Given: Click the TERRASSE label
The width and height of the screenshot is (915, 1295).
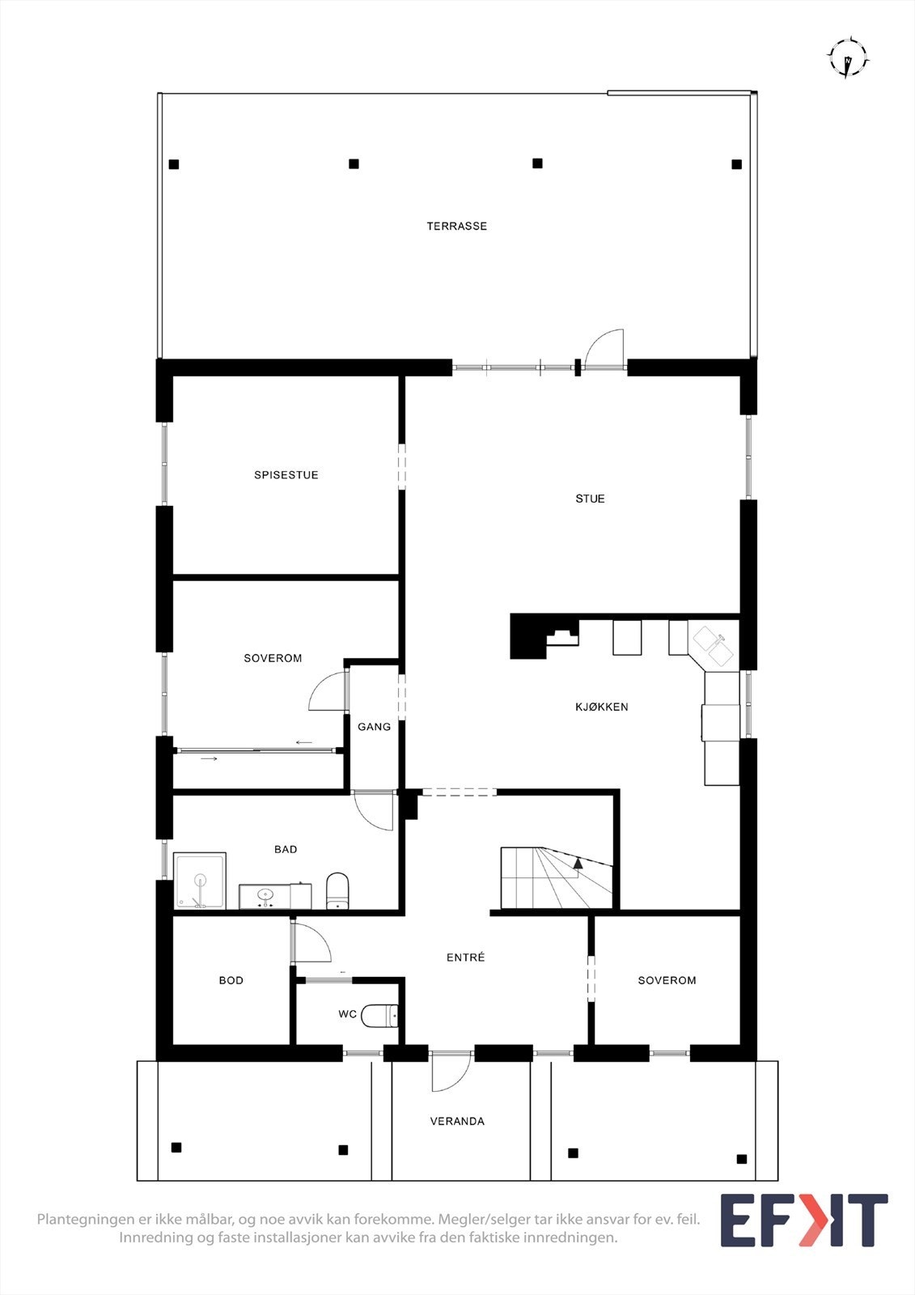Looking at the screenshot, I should (457, 226).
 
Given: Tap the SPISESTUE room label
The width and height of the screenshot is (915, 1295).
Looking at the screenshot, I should (286, 475).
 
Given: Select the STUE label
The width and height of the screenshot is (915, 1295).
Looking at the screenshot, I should (590, 499).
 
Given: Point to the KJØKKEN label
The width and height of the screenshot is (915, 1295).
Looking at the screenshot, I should (602, 707).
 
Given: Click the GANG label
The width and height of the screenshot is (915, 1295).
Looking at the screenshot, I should (374, 727).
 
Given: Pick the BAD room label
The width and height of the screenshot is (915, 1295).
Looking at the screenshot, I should (286, 849).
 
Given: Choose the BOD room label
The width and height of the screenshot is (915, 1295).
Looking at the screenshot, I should (231, 980).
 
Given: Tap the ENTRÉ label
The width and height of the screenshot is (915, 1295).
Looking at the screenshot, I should (466, 957).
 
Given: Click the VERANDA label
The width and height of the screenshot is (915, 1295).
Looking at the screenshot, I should (457, 1121).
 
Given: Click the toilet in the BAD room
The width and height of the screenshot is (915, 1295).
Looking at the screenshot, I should (337, 890).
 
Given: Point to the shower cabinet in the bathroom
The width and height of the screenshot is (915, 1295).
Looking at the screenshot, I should (200, 881).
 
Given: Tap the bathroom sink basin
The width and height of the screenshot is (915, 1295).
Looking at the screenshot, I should (265, 895).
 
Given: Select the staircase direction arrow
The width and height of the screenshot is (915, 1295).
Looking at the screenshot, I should (578, 864).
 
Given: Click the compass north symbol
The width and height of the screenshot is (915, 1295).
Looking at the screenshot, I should (847, 58).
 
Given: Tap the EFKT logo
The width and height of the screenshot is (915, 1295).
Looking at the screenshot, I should (804, 1221).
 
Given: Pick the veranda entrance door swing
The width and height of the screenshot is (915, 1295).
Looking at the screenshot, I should (450, 1072).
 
